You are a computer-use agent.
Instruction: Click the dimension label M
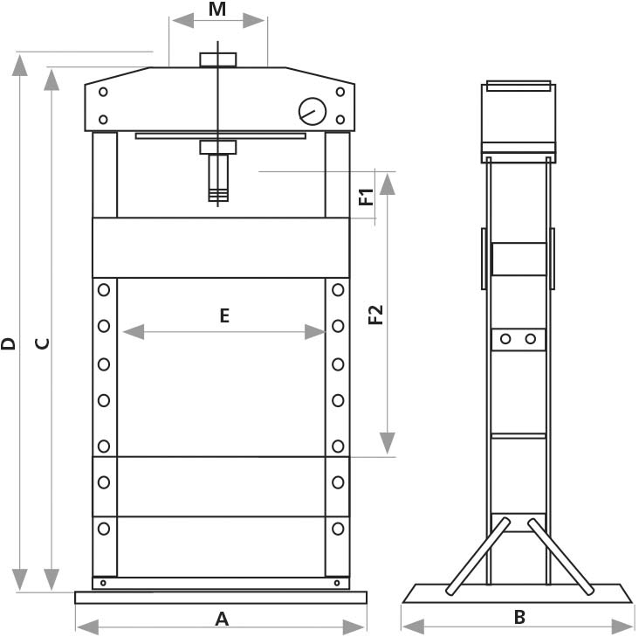click(218, 10)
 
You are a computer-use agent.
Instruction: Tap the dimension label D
click(9, 343)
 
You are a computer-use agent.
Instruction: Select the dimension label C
click(42, 343)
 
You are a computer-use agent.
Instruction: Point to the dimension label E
click(224, 316)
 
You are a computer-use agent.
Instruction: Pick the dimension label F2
click(376, 315)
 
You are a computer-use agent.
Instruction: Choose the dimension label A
click(222, 619)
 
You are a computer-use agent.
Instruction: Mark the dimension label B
click(519, 617)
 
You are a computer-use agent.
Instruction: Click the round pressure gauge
click(312, 112)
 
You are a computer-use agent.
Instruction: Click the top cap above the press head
click(217, 59)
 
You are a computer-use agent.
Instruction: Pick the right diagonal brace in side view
click(558, 557)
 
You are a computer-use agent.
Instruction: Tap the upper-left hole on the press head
click(104, 92)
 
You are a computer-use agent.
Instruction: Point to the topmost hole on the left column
click(104, 289)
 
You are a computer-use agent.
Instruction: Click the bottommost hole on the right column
click(337, 528)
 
